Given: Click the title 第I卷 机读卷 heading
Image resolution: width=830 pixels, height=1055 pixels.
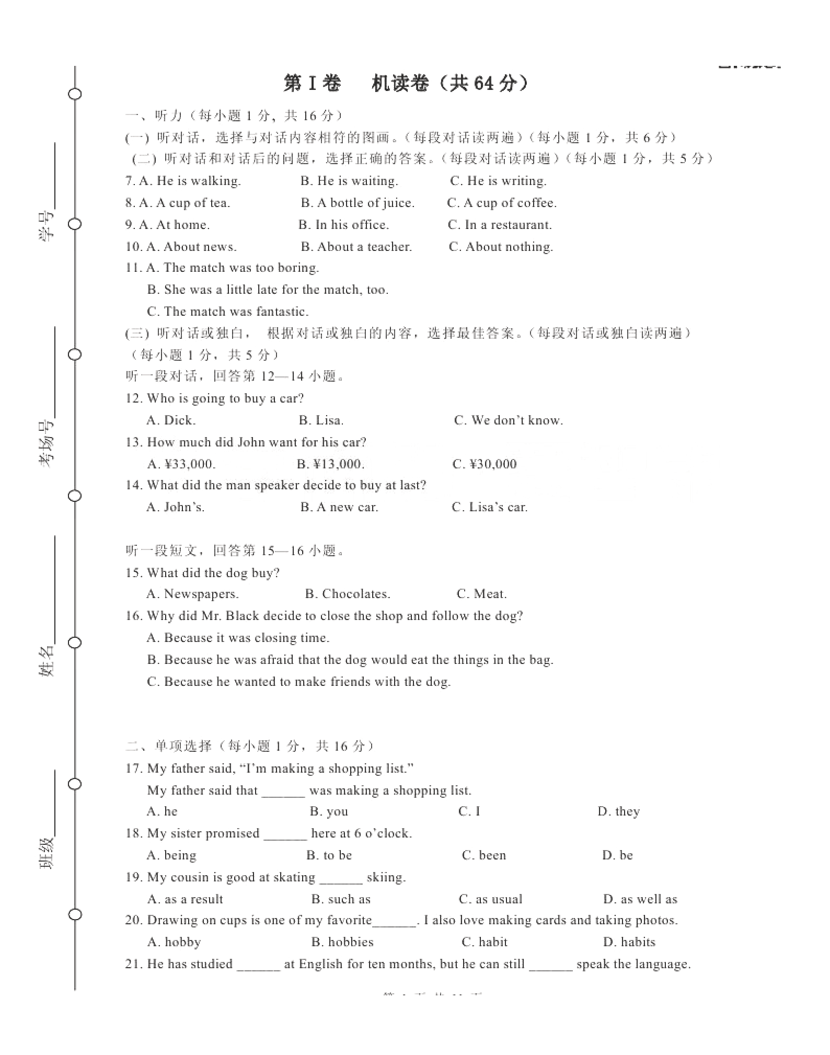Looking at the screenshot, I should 406,84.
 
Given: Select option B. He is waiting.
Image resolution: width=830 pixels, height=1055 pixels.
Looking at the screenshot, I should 349,181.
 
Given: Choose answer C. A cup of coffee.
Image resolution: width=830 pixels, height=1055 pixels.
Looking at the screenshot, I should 502,203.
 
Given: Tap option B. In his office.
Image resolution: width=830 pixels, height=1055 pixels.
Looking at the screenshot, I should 343,225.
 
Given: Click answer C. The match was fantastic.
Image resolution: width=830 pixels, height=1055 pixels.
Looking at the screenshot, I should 228,312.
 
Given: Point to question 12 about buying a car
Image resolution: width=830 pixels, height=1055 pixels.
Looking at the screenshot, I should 214,398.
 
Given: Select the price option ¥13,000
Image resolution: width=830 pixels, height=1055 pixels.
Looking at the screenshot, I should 331,464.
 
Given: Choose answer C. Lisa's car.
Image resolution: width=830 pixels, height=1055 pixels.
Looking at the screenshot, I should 490,507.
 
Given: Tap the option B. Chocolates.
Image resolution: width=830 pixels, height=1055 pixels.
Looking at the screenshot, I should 348,594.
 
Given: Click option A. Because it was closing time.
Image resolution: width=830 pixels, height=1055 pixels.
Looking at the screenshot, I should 238,638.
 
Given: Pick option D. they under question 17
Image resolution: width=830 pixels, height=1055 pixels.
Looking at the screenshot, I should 618,811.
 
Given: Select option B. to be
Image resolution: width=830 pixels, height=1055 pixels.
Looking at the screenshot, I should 329,855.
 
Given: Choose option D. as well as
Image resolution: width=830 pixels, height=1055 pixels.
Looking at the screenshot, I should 640,899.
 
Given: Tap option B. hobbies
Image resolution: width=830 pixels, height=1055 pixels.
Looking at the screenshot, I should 342,942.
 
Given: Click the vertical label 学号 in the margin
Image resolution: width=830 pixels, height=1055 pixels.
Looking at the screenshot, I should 47,225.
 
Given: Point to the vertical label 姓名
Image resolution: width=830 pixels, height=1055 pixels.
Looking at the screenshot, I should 47,660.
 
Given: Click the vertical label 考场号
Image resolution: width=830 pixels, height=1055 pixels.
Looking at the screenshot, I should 47,443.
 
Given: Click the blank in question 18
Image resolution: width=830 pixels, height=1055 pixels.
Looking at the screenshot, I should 285,834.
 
